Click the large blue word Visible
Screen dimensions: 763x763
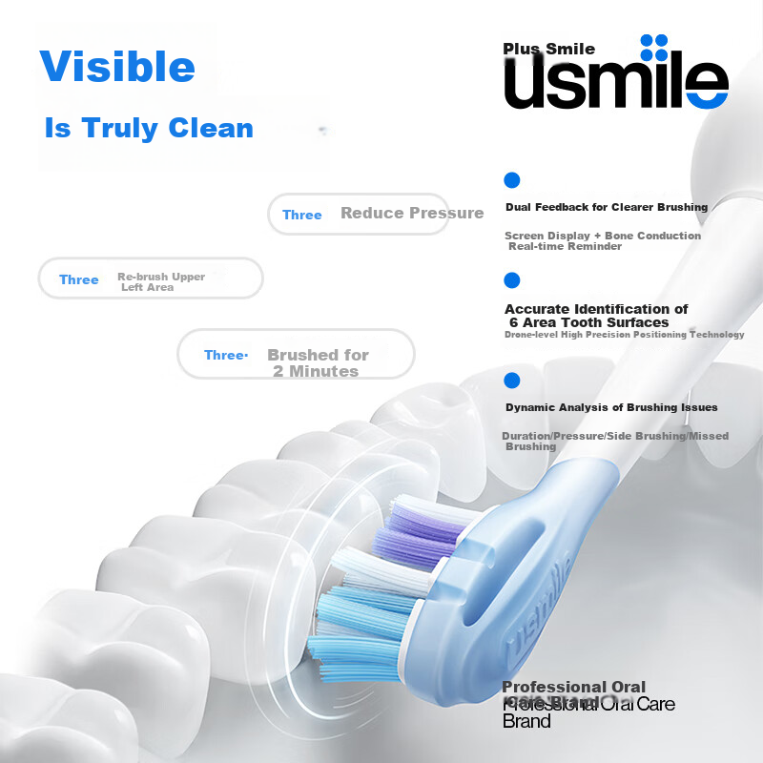pos(117,67)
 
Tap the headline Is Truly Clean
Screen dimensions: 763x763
pos(149,128)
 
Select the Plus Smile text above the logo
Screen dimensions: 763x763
pos(549,49)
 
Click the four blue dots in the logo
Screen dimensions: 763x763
pos(653,48)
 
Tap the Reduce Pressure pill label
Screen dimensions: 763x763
pos(412,213)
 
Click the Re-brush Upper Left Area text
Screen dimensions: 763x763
pos(161,281)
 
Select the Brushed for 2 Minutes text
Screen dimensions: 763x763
pos(317,362)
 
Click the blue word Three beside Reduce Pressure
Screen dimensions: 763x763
pos(302,215)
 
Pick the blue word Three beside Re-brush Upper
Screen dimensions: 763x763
pos(79,279)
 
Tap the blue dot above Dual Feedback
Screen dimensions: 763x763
pos(512,179)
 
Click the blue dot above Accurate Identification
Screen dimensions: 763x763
pos(512,280)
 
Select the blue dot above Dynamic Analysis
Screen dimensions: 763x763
pos(512,381)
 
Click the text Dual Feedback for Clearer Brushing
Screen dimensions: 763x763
pos(607,207)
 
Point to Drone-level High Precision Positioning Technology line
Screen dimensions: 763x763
pos(624,335)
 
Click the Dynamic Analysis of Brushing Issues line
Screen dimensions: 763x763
pos(611,407)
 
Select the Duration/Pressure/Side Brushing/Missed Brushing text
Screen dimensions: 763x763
pos(614,441)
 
